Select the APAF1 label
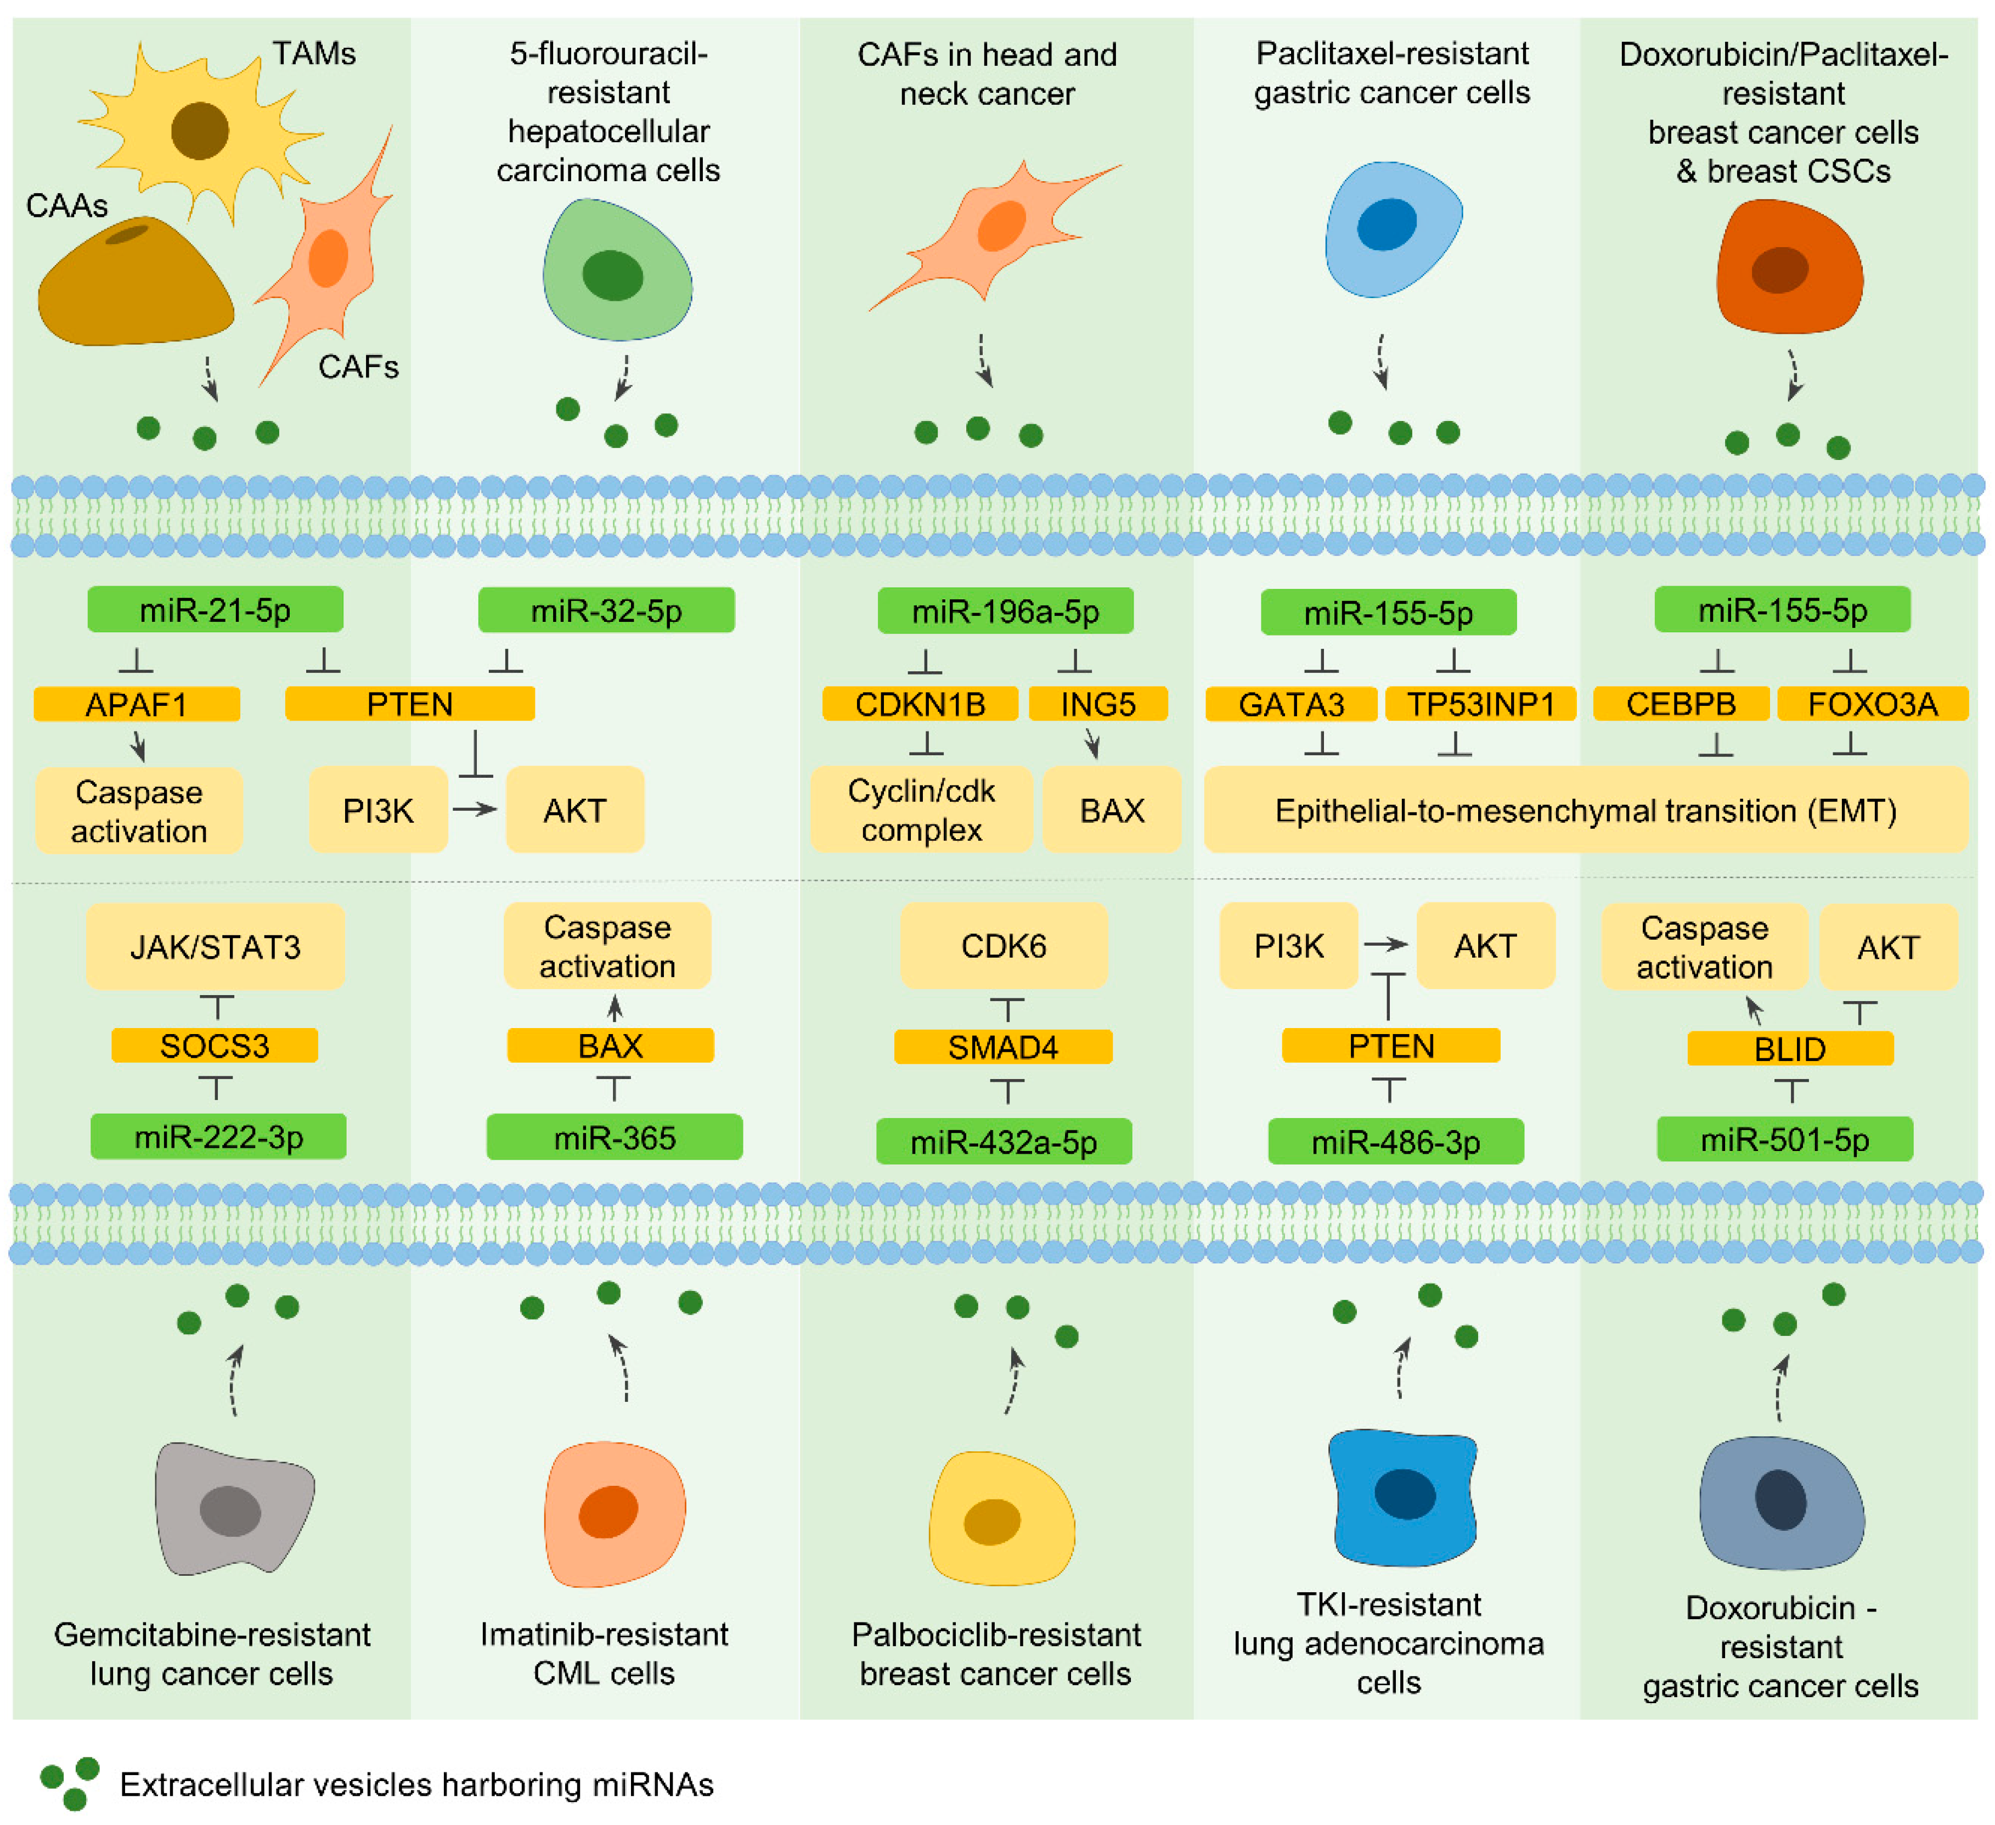click(137, 705)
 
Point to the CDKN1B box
click(920, 705)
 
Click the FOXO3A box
click(1872, 705)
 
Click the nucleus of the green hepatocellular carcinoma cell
click(612, 275)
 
